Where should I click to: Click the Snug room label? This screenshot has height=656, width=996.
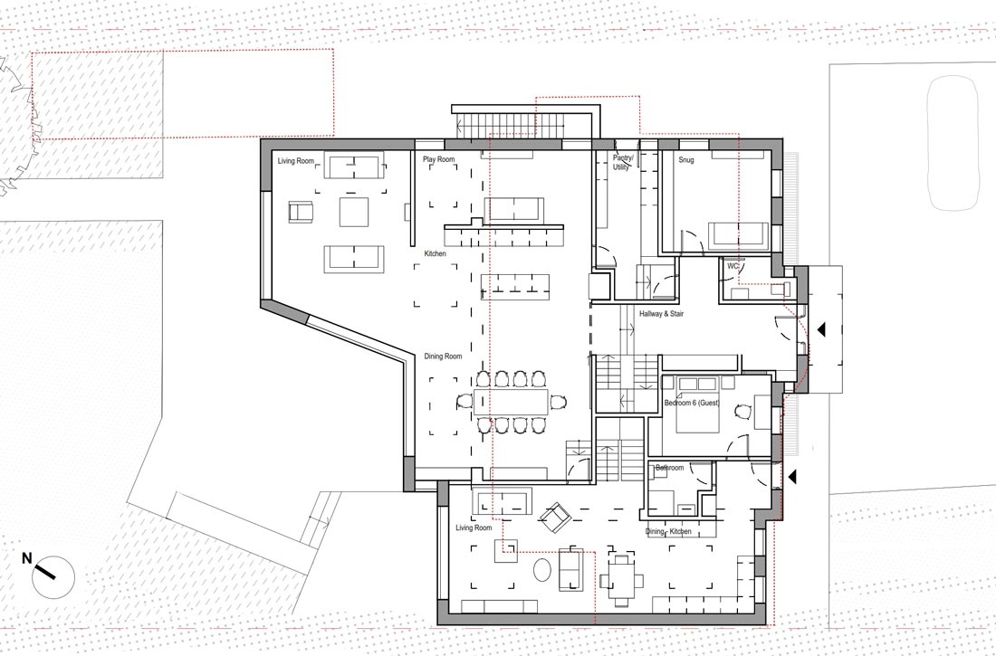pyautogui.click(x=686, y=160)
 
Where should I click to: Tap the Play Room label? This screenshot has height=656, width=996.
pyautogui.click(x=439, y=159)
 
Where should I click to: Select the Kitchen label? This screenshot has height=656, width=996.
pyautogui.click(x=436, y=253)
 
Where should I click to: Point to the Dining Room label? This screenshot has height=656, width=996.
pyautogui.click(x=443, y=357)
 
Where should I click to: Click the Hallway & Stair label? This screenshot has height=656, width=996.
pyautogui.click(x=661, y=314)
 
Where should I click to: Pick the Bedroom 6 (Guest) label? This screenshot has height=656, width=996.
pyautogui.click(x=692, y=403)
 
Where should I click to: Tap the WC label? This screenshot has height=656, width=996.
pyautogui.click(x=733, y=266)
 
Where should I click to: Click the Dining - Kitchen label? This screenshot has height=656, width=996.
pyautogui.click(x=668, y=531)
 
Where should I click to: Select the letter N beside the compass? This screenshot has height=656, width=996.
pyautogui.click(x=26, y=558)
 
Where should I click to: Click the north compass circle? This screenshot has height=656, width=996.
pyautogui.click(x=53, y=577)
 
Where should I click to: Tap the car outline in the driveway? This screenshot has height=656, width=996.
pyautogui.click(x=954, y=143)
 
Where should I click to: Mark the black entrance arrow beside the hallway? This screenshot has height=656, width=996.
pyautogui.click(x=820, y=329)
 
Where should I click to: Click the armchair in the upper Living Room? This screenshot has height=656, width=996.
pyautogui.click(x=301, y=212)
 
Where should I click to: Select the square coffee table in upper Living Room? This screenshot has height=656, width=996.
pyautogui.click(x=354, y=212)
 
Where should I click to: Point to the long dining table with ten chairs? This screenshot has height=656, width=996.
pyautogui.click(x=512, y=402)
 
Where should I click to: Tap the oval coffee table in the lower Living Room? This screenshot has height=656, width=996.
pyautogui.click(x=541, y=570)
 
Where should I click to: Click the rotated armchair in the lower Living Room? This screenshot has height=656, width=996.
pyautogui.click(x=555, y=518)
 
